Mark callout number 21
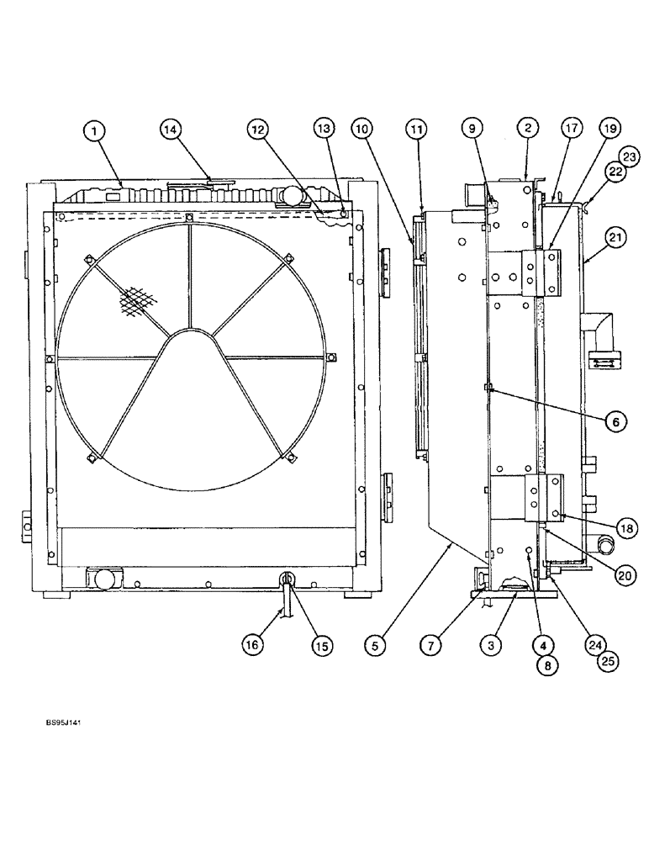pyautogui.click(x=615, y=239)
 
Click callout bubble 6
pyautogui.click(x=615, y=421)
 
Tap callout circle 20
pyautogui.click(x=625, y=576)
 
